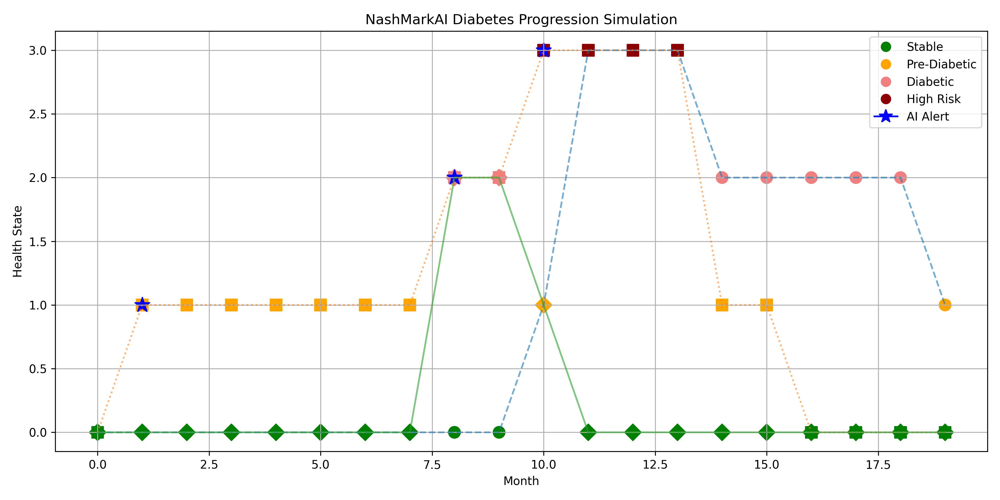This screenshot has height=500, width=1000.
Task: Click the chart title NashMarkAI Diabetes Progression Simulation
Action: pyautogui.click(x=521, y=19)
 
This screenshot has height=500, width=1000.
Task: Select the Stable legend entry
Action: pyautogui.click(x=924, y=47)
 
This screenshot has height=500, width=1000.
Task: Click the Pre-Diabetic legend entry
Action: pyautogui.click(x=941, y=64)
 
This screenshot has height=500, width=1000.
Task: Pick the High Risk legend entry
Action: pyautogui.click(x=933, y=99)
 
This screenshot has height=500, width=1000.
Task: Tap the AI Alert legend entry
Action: pyautogui.click(x=927, y=116)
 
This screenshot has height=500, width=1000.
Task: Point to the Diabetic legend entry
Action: pyautogui.click(x=930, y=81)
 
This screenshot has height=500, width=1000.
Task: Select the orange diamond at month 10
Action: pyautogui.click(x=544, y=305)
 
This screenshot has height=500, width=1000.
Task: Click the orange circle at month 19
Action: pyautogui.click(x=945, y=305)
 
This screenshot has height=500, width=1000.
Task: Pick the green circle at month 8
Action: pyautogui.click(x=454, y=432)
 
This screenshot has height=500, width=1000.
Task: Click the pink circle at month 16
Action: pyautogui.click(x=811, y=178)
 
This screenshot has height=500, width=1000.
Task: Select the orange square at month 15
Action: pyautogui.click(x=766, y=305)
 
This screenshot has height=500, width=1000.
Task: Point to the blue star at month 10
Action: pyautogui.click(x=544, y=50)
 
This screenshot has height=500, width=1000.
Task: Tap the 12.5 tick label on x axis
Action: pyautogui.click(x=655, y=465)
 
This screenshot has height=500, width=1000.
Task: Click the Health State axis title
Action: pyautogui.click(x=17, y=241)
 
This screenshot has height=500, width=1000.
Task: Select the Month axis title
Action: pyautogui.click(x=521, y=481)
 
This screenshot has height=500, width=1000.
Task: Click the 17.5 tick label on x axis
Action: pyautogui.click(x=878, y=465)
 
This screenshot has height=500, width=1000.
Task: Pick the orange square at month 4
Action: pyautogui.click(x=276, y=305)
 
